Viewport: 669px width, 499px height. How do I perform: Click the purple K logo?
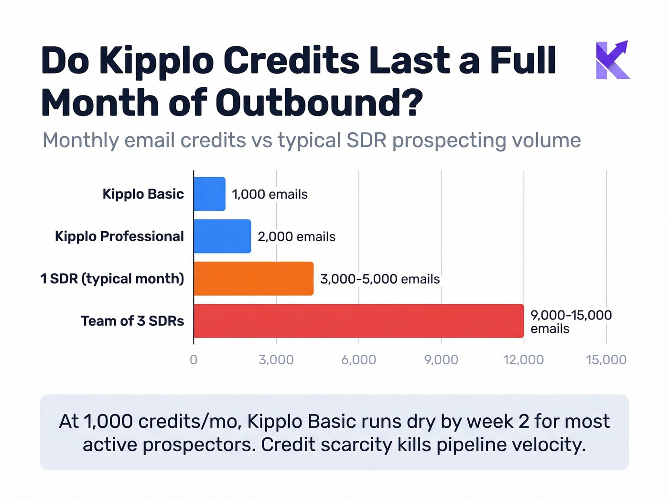point(612,60)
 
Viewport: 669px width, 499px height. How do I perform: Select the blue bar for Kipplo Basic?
point(209,194)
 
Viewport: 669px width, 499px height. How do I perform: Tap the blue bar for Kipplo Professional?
point(222,236)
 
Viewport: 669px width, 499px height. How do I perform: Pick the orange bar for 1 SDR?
point(253,278)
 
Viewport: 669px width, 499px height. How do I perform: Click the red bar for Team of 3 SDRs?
point(358,321)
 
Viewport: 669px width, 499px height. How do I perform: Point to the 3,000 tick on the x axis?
point(276,360)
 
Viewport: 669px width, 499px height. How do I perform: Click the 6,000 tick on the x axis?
point(358,360)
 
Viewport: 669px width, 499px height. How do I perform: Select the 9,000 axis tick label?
point(441,360)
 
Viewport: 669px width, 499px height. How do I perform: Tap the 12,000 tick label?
point(523,360)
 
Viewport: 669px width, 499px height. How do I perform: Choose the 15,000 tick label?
point(606,360)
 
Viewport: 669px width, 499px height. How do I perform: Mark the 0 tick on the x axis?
point(194,360)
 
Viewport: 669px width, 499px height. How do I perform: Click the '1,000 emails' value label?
point(270,194)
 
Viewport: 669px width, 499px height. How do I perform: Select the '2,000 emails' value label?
point(296,237)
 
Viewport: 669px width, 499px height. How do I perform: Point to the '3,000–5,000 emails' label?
point(380,279)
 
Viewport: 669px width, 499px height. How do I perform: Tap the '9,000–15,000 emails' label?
point(571,321)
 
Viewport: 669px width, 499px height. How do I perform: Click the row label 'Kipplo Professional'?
point(119,236)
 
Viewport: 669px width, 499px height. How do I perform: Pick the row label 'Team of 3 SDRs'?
point(132,321)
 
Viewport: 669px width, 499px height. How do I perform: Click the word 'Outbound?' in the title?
point(319,103)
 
